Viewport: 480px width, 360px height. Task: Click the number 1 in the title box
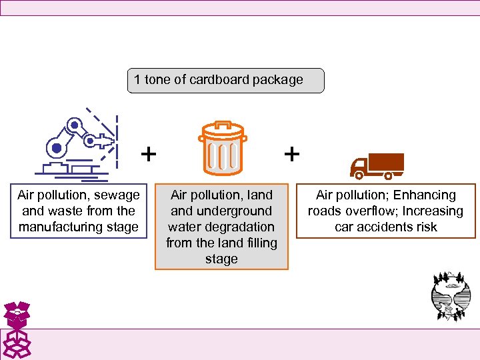[137, 80]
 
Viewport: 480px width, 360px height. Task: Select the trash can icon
[222, 148]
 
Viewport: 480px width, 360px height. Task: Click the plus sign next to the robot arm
[149, 155]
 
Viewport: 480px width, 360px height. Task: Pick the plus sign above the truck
[291, 154]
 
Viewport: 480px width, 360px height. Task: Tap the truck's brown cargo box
[386, 163]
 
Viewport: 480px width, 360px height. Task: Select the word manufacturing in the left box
[78, 227]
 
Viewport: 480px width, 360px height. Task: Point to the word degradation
[241, 227]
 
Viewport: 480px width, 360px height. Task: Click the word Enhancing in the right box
[423, 195]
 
